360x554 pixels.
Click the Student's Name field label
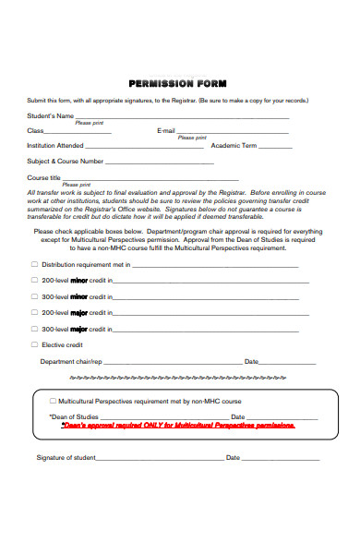coord(51,116)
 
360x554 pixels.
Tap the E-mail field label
coord(166,131)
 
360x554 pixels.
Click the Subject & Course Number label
coord(66,161)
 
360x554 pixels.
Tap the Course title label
coord(44,177)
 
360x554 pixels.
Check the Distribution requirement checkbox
coord(35,264)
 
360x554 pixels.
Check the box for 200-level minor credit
coord(35,280)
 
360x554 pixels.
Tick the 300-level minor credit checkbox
coord(35,296)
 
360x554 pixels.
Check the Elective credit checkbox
coord(35,344)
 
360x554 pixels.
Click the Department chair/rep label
coord(71,361)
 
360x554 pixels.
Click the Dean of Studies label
coord(74,417)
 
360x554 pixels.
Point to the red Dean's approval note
coord(178,426)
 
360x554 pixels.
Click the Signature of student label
coord(66,457)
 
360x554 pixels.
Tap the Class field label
coord(35,131)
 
